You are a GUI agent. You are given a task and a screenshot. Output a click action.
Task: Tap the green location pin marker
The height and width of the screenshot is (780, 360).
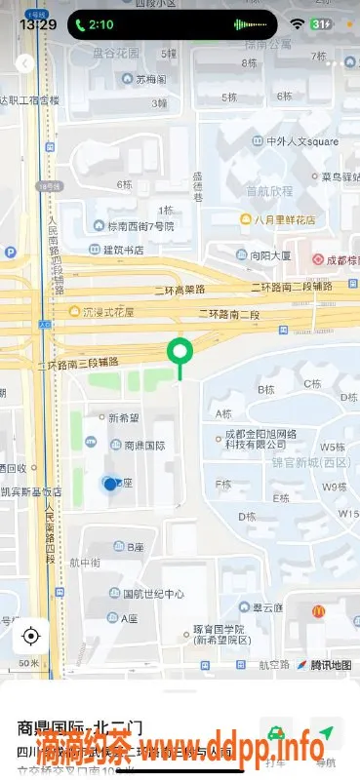tap(180, 352)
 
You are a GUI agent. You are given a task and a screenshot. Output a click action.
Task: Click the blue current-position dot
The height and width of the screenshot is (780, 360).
tap(110, 484)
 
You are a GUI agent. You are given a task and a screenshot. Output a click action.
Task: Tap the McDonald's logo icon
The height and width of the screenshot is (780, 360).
tap(318, 611)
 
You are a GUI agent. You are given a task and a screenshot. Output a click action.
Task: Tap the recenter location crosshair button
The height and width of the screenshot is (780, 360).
tap(30, 637)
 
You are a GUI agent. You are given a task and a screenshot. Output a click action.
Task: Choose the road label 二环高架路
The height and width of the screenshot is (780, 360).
tap(180, 290)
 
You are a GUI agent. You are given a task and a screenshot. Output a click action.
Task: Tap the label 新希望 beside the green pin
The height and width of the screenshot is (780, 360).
tap(124, 418)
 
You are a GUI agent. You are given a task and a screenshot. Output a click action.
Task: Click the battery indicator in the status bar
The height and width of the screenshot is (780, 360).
tap(321, 23)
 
